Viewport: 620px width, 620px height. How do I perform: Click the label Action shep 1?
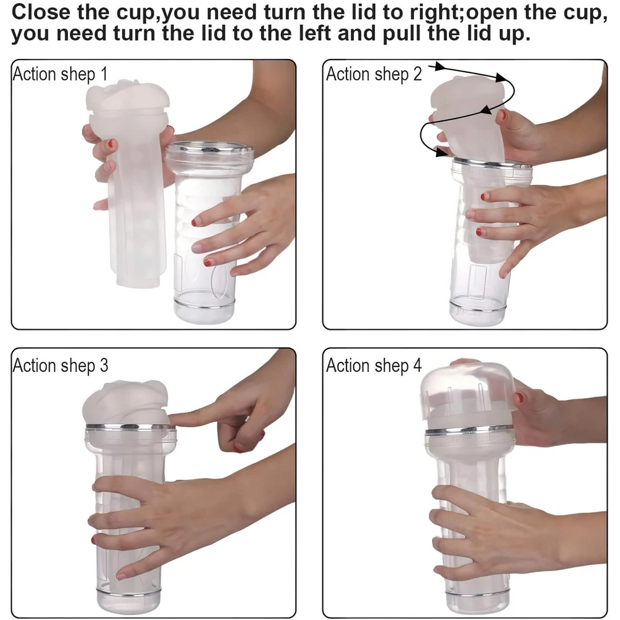click(60, 74)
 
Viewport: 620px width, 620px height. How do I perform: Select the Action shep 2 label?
click(374, 74)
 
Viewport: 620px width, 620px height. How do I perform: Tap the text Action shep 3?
click(60, 365)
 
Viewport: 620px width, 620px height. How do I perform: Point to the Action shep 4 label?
click(374, 365)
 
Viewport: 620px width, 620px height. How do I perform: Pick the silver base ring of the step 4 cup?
click(477, 591)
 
